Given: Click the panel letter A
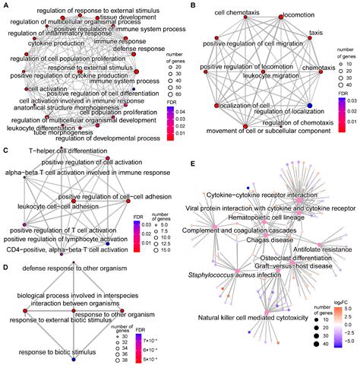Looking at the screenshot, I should [x=5, y=5].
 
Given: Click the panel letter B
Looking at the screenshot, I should [x=194, y=5].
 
